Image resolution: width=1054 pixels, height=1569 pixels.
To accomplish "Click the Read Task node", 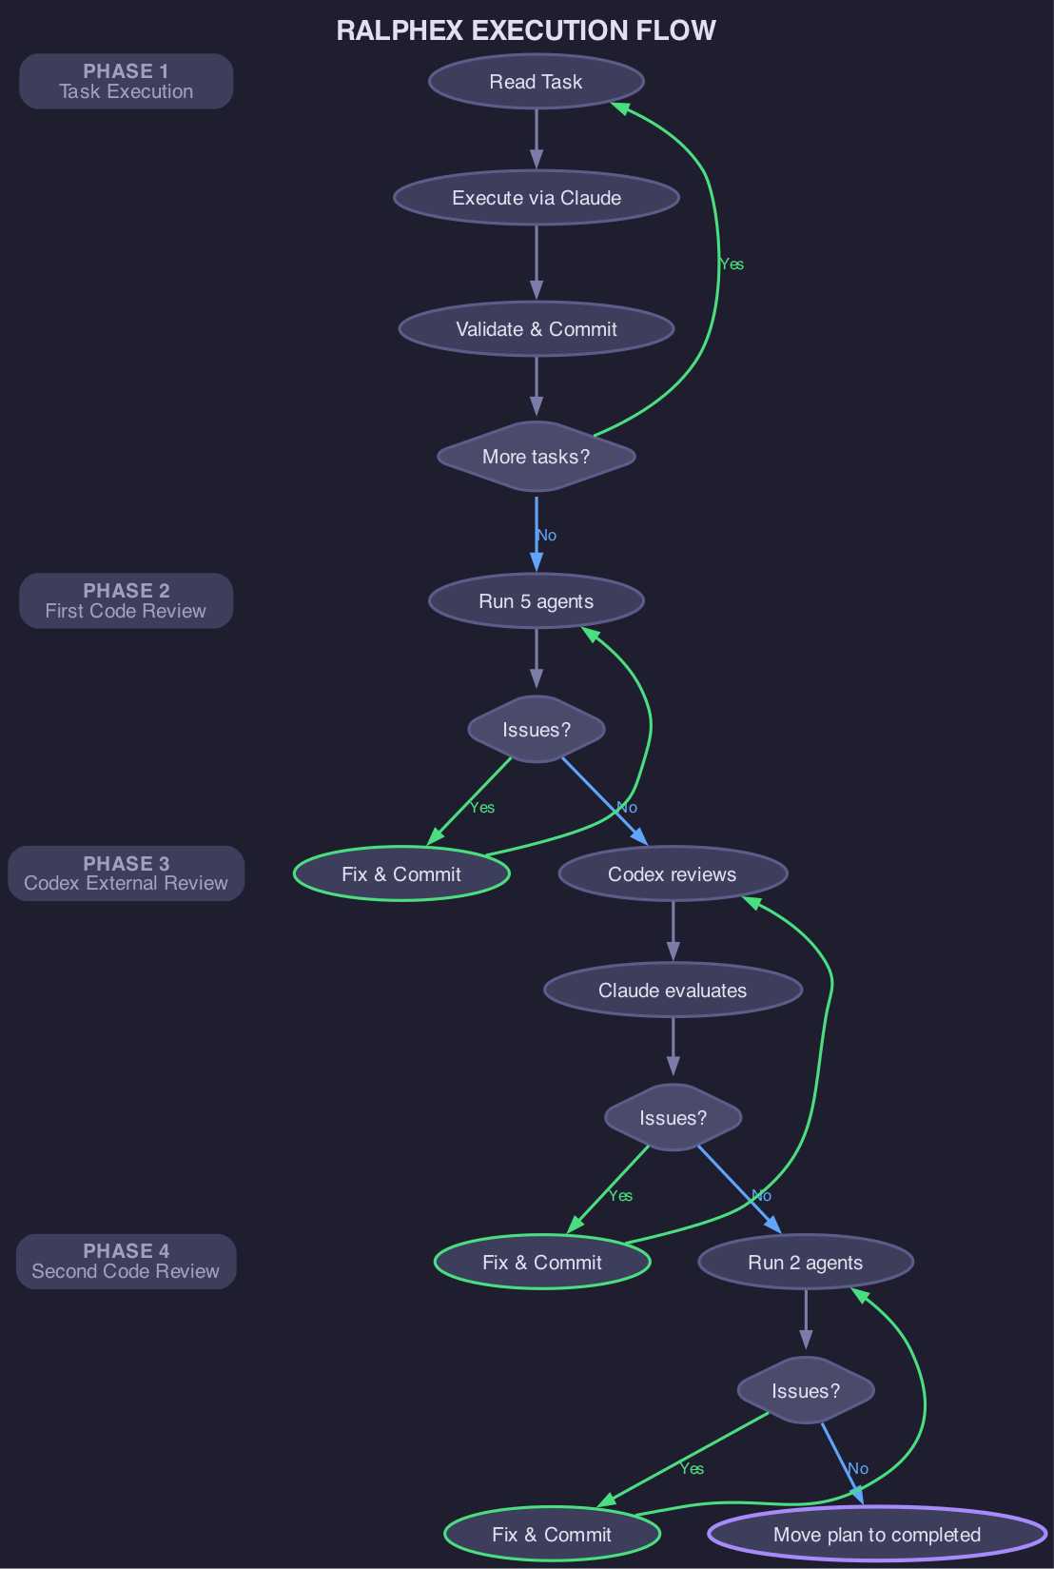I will [x=537, y=82].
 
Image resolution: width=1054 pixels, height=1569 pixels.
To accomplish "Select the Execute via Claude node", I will [x=537, y=198].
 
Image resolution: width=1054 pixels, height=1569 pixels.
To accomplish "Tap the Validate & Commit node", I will [x=537, y=329].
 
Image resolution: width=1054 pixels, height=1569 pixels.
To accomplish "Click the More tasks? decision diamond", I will [x=537, y=457].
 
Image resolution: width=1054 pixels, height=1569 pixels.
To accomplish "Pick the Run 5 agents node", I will [x=537, y=601].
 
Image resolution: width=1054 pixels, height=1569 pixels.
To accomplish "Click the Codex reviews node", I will [x=673, y=874].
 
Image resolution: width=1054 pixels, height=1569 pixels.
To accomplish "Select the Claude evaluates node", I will [x=673, y=990].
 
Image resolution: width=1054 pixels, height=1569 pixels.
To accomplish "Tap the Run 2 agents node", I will [x=806, y=1263].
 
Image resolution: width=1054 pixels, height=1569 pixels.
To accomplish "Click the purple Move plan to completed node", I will [x=877, y=1535].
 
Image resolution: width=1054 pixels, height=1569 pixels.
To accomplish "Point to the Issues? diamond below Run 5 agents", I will [x=537, y=730].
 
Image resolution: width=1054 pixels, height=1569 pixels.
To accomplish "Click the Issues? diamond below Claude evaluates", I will [x=673, y=1118].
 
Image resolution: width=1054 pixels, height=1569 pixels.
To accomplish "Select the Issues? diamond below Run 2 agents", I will [x=806, y=1391].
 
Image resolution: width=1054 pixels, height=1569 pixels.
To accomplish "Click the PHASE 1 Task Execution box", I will [x=126, y=82].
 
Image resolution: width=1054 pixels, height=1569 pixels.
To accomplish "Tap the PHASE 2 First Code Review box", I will [x=126, y=601].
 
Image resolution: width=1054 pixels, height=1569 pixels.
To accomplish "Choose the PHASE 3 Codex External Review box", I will [x=126, y=874].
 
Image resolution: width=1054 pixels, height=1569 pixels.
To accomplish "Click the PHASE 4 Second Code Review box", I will [x=126, y=1262].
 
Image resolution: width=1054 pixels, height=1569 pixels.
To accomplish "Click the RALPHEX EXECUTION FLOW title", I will [x=526, y=30].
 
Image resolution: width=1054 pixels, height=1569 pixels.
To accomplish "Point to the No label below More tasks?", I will [x=547, y=536].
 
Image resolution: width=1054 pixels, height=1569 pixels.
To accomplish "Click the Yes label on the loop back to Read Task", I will [x=732, y=265].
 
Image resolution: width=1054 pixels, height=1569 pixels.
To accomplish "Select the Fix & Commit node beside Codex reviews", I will [x=401, y=874].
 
